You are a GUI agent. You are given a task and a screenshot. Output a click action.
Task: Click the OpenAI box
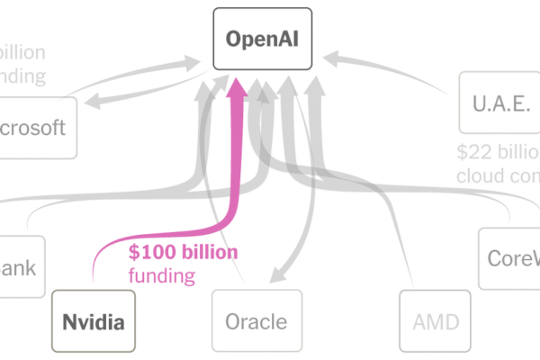point(262,40)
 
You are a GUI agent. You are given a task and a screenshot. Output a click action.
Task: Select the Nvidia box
point(94,320)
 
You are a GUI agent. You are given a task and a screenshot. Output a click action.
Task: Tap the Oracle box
point(256,321)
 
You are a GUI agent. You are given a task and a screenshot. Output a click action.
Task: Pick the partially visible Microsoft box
point(36,127)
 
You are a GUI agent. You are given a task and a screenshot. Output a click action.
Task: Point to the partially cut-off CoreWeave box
point(509,257)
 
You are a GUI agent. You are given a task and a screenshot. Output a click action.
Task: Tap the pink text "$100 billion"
point(184,252)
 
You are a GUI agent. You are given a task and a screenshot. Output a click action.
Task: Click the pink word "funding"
point(161,275)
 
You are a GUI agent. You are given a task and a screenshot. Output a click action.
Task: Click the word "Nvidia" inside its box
point(94,320)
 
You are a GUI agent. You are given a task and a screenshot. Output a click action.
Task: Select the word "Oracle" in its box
point(256,321)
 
